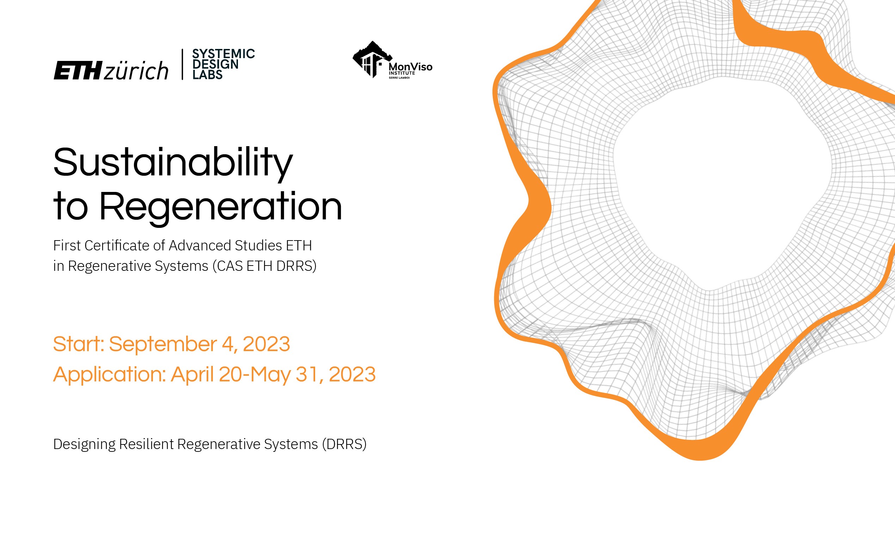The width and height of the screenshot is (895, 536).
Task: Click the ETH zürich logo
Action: pyautogui.click(x=111, y=70)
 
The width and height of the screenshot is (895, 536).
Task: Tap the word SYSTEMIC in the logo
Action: pyautogui.click(x=223, y=54)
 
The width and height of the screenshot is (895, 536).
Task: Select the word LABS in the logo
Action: pyautogui.click(x=207, y=74)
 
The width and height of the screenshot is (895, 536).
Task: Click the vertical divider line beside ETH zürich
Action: pyautogui.click(x=182, y=64)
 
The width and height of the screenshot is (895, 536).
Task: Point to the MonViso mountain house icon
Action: pyautogui.click(x=372, y=59)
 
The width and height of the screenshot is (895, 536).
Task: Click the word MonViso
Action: pyautogui.click(x=410, y=67)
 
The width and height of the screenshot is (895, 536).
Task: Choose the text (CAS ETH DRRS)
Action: pyautogui.click(x=265, y=266)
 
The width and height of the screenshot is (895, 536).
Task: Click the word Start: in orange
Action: pyautogui.click(x=79, y=344)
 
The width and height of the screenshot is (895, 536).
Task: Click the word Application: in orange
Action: pyautogui.click(x=110, y=375)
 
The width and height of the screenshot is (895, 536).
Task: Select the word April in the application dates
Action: pyautogui.click(x=192, y=375)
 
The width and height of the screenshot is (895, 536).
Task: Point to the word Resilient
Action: pyautogui.click(x=146, y=444)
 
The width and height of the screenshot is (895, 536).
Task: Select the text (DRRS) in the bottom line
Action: pyautogui.click(x=344, y=444)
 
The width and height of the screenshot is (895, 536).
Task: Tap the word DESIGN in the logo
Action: pyautogui.click(x=215, y=64)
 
